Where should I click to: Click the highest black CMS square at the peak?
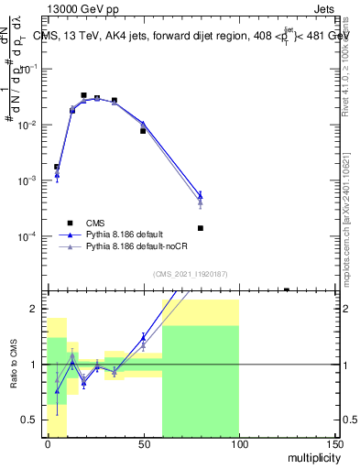83,95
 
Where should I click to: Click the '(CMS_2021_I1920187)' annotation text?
191,273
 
